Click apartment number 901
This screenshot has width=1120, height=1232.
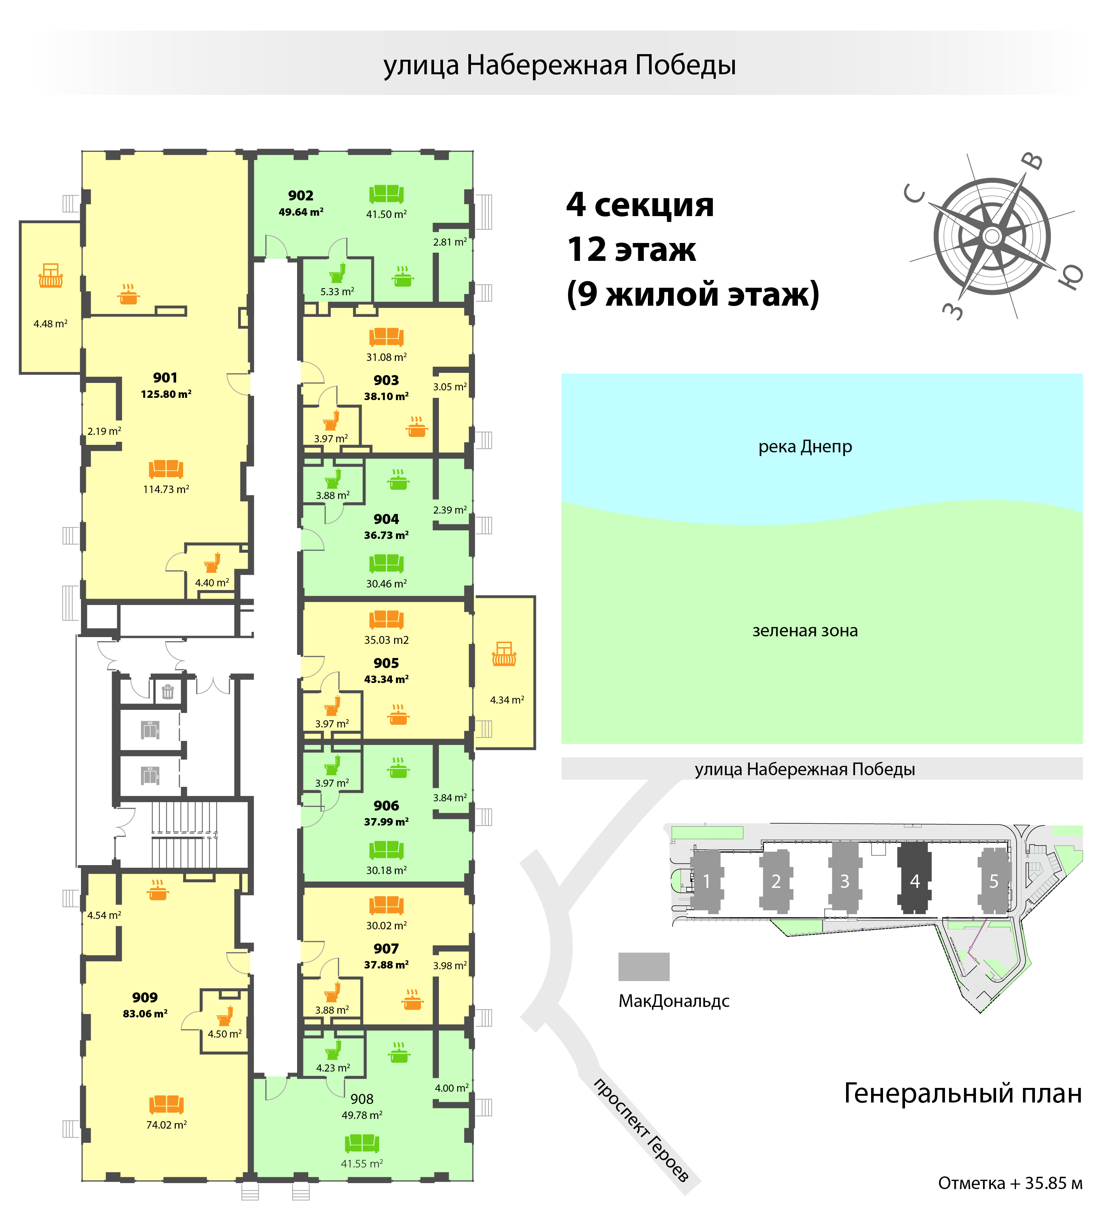coord(165,378)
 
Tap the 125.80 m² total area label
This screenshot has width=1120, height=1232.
coord(166,394)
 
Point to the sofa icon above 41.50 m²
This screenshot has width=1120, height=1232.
coord(386,194)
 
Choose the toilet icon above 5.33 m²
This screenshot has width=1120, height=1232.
coord(337,272)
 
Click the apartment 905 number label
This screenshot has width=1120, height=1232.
coord(386,663)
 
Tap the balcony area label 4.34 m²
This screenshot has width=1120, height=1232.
coord(507,700)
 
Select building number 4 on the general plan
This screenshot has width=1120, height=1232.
coord(915,880)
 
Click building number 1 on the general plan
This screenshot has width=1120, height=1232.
coord(706,880)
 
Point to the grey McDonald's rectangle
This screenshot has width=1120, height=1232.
coord(644,966)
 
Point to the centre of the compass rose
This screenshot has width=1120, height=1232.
coord(992,236)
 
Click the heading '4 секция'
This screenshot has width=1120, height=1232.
coord(640,205)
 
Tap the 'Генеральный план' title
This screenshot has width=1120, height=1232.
coord(963,1093)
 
